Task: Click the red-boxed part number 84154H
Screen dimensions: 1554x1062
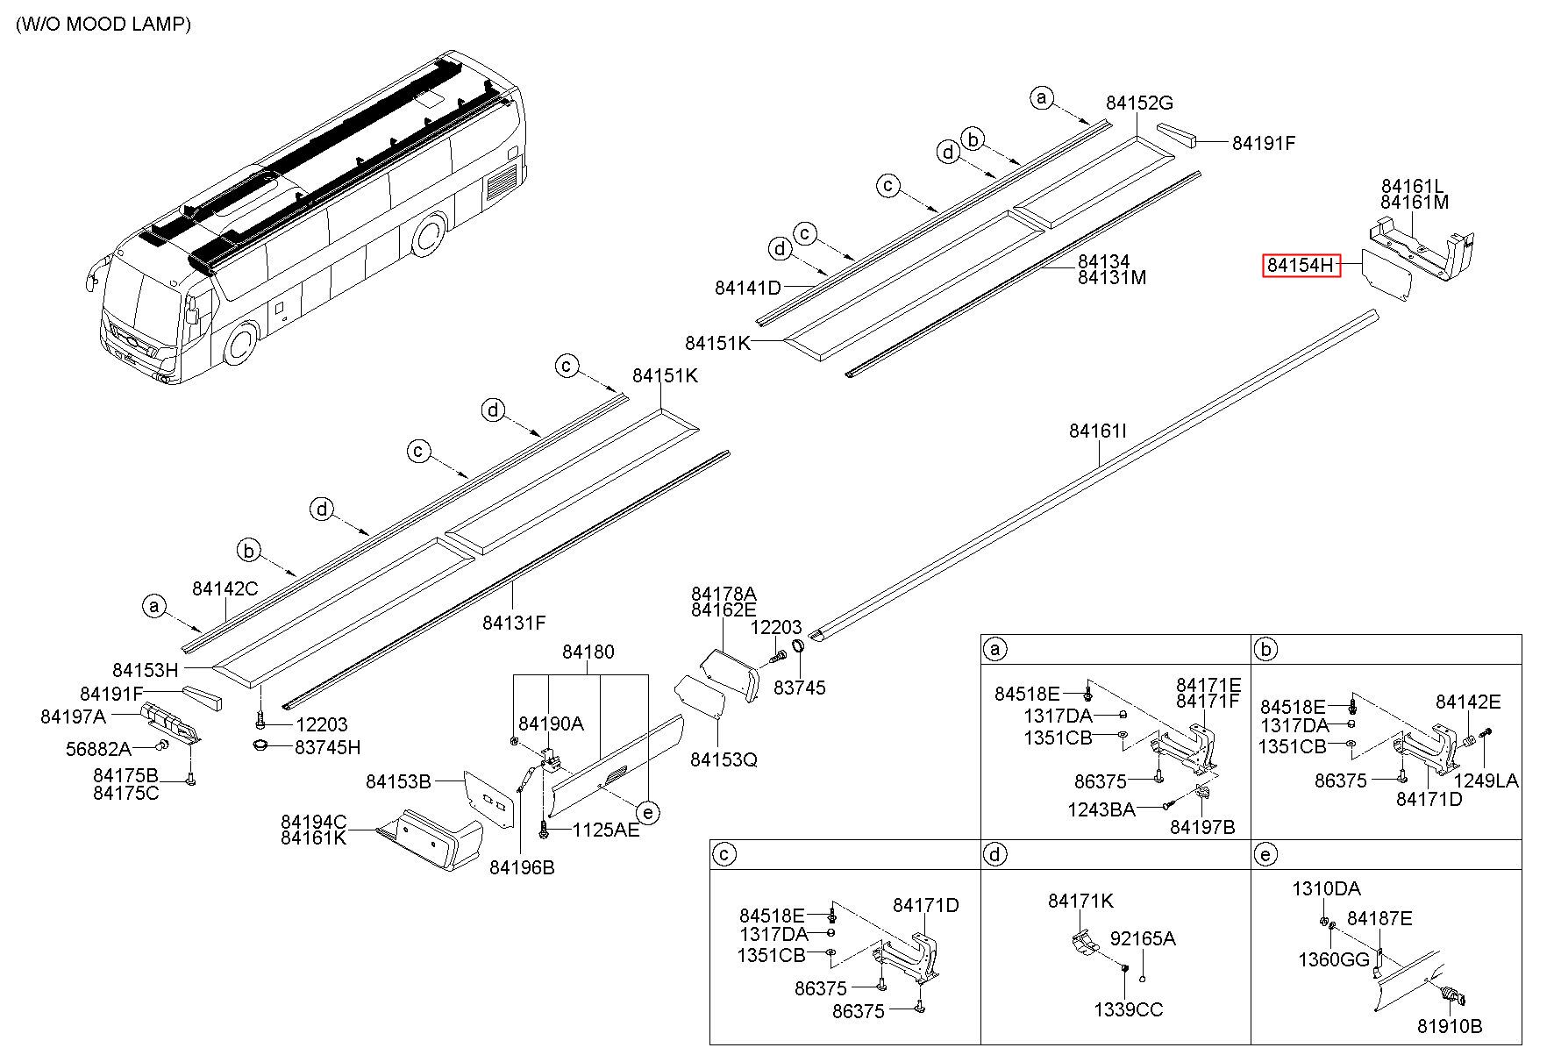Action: click(x=1301, y=265)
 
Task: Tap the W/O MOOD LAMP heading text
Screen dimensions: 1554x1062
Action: click(x=103, y=25)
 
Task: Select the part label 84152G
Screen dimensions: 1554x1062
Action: click(x=1139, y=103)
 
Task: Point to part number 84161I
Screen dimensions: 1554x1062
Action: click(x=1097, y=431)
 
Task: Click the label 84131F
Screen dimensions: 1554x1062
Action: click(x=514, y=623)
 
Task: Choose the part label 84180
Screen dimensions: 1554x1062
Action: click(x=588, y=652)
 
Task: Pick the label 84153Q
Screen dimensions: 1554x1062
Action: click(x=724, y=759)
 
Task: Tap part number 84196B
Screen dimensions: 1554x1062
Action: click(x=522, y=867)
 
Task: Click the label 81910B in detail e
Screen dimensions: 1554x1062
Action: click(x=1450, y=1025)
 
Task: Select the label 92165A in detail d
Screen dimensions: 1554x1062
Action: click(x=1143, y=938)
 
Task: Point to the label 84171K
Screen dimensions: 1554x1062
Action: click(x=1080, y=901)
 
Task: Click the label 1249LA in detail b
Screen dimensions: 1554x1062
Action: click(x=1486, y=780)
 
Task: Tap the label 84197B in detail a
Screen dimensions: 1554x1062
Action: click(x=1202, y=827)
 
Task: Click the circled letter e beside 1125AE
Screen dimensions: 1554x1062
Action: click(x=647, y=813)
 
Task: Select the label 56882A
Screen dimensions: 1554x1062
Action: click(x=98, y=749)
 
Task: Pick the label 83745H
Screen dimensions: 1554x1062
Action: click(x=327, y=747)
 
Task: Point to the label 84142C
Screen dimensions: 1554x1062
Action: click(x=225, y=588)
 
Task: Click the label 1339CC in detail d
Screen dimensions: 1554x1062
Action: click(x=1128, y=1009)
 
